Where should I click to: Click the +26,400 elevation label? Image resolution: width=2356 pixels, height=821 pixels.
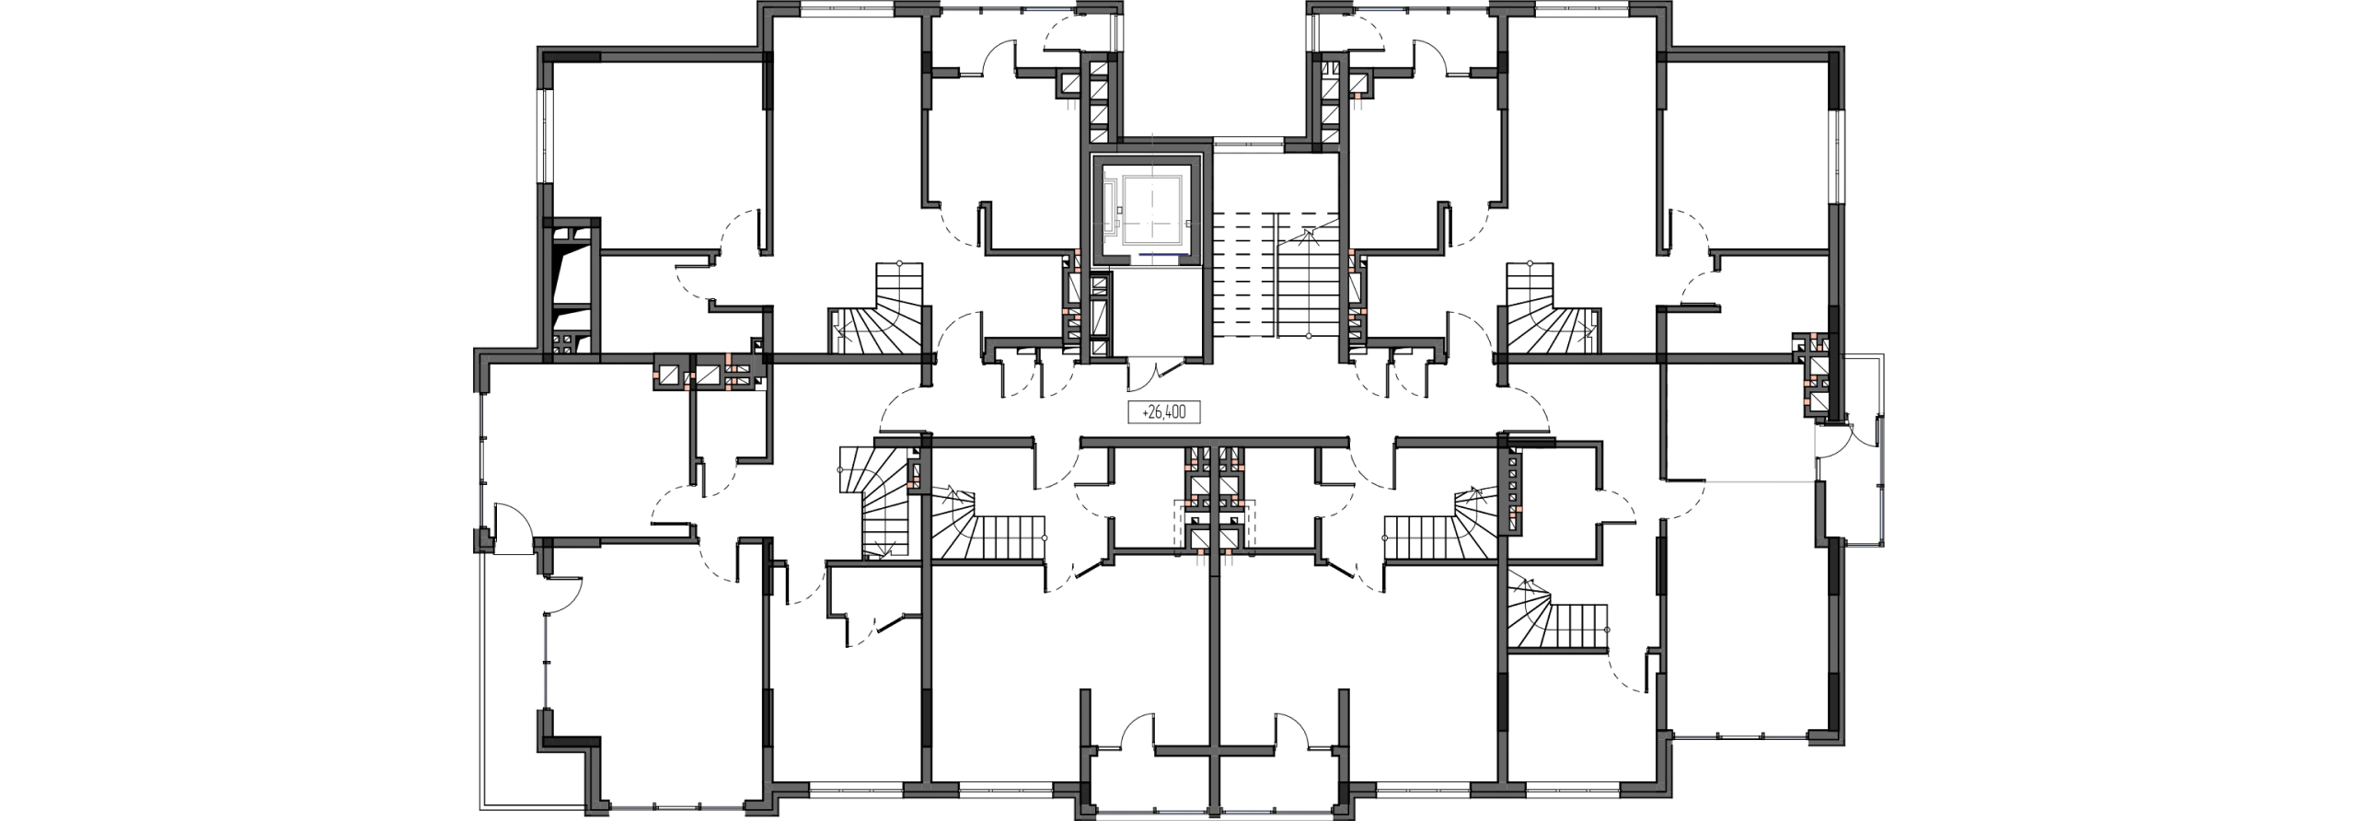pos(1164,413)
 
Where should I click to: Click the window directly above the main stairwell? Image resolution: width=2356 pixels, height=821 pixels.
pos(1250,143)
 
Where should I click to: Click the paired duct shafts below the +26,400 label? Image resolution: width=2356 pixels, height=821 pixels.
pos(1214,502)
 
